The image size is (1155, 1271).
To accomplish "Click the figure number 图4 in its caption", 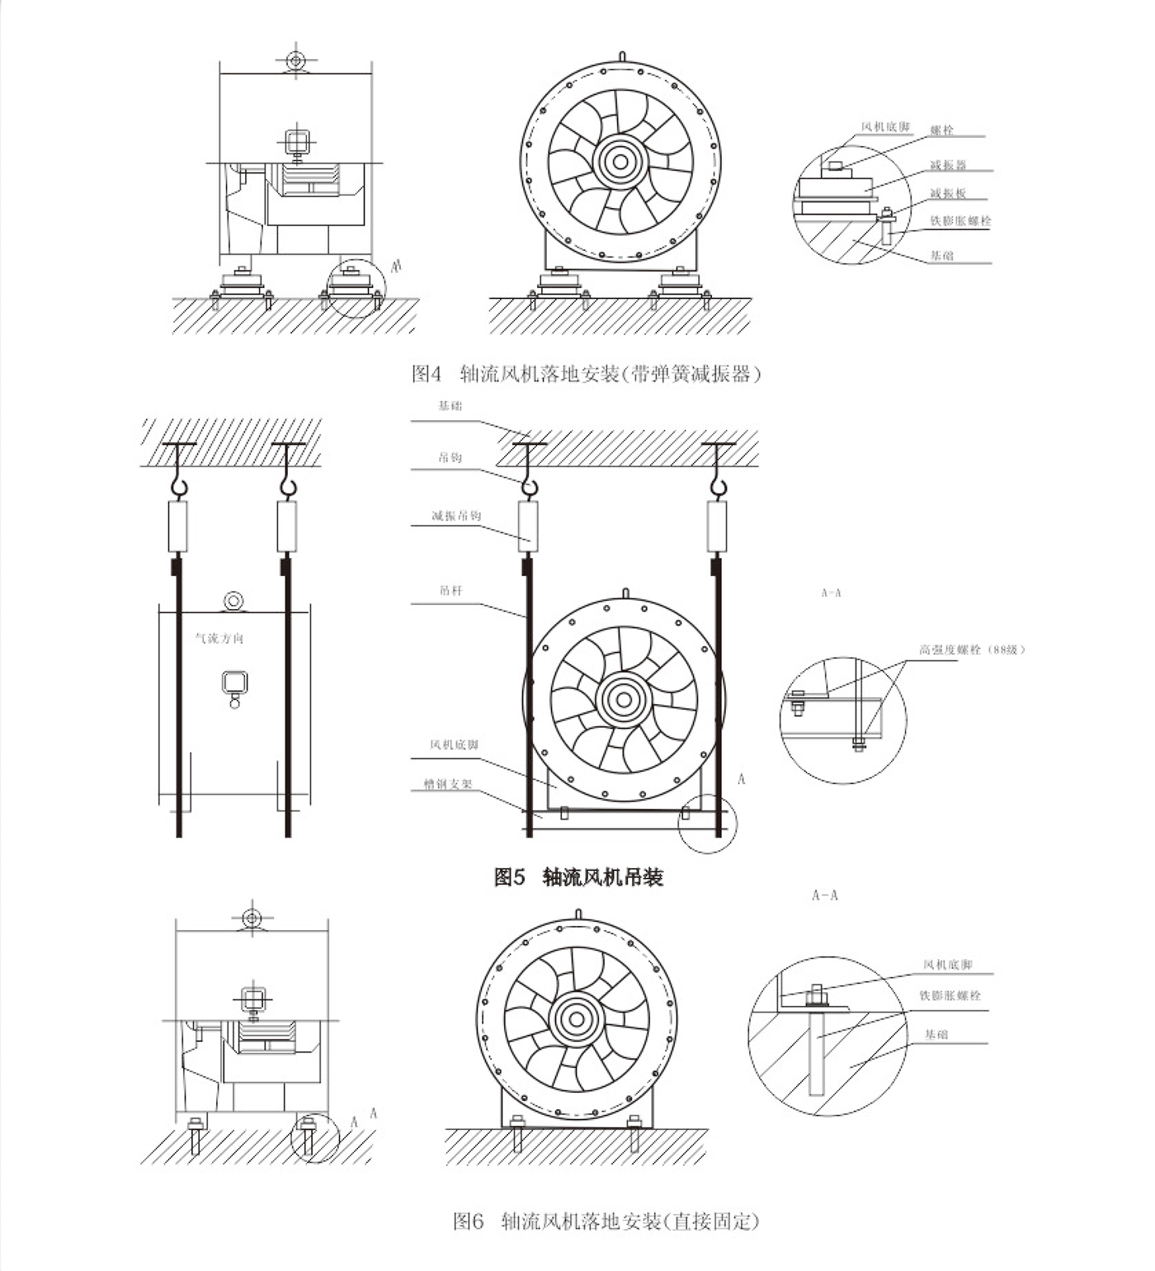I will pyautogui.click(x=427, y=374).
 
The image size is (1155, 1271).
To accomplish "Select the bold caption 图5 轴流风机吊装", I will pyautogui.click(x=578, y=876).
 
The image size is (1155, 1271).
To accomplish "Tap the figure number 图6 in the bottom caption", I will pyautogui.click(x=468, y=1221).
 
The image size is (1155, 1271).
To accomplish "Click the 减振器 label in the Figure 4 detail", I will pyautogui.click(x=948, y=165).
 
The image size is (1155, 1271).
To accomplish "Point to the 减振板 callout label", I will pyautogui.click(x=948, y=193).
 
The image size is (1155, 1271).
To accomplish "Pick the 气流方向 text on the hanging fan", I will pyautogui.click(x=219, y=638).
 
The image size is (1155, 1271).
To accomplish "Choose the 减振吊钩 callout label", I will pyautogui.click(x=456, y=516).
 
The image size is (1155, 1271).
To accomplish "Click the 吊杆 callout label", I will pyautogui.click(x=451, y=590).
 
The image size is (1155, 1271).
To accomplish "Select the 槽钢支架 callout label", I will pyautogui.click(x=448, y=784).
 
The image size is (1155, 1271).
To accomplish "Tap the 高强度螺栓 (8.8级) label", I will pyautogui.click(x=972, y=650).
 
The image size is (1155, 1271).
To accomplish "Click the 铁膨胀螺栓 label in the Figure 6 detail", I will pyautogui.click(x=950, y=995).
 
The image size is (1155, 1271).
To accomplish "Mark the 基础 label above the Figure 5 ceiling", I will pyautogui.click(x=450, y=405).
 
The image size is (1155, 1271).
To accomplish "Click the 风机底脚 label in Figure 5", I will pyautogui.click(x=454, y=744).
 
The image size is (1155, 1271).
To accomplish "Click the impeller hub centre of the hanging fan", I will pyautogui.click(x=624, y=700).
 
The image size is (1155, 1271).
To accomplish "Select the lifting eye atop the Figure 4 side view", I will pyautogui.click(x=295, y=60).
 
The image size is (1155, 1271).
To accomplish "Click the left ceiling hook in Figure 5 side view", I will pyautogui.click(x=177, y=485).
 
